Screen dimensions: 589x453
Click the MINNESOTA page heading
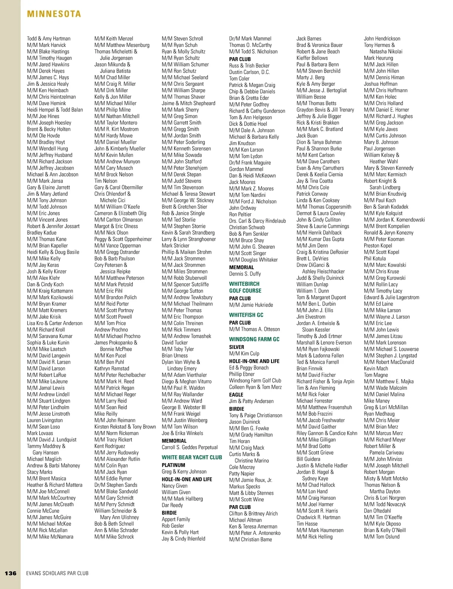point(54,14)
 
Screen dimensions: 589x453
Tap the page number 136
point(11,573)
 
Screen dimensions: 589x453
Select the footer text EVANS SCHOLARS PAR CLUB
point(57,573)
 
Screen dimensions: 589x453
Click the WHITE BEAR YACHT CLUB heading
point(192,457)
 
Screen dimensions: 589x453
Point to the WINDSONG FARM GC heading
point(254,339)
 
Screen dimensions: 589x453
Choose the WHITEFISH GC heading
point(246,315)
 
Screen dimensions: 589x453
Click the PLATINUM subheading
point(173,465)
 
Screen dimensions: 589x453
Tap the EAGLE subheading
point(236,394)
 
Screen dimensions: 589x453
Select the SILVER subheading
point(237,347)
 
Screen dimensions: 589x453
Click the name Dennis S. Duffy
point(245,274)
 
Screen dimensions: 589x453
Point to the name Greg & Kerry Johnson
point(184,471)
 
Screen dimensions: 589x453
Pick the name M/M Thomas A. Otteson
point(254,329)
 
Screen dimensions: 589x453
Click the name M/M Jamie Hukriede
point(251,305)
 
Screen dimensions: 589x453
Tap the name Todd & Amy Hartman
point(49,39)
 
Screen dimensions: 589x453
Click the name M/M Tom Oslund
point(382,536)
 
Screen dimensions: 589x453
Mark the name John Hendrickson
point(382,39)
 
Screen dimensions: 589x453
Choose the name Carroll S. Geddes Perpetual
point(190,447)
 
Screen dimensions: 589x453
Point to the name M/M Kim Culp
point(244,353)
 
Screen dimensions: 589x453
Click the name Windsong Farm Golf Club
point(255,380)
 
